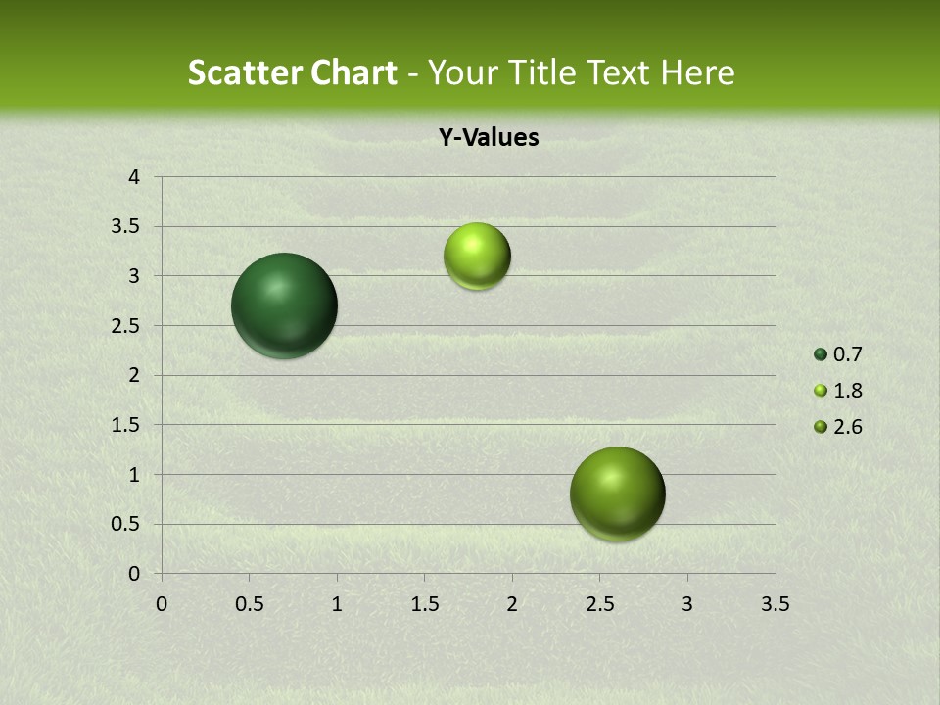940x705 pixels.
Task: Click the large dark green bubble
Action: (284, 305)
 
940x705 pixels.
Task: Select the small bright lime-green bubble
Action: (477, 257)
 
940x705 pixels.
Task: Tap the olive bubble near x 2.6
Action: (617, 493)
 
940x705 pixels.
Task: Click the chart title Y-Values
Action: (488, 138)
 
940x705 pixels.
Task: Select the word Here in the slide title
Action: (697, 72)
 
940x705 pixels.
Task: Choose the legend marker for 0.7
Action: (821, 354)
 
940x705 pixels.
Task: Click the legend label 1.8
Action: (847, 391)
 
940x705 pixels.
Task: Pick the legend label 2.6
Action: (847, 427)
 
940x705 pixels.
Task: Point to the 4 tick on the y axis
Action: (134, 177)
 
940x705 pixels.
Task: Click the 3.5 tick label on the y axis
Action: (126, 227)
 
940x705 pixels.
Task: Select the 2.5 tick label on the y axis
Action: (126, 326)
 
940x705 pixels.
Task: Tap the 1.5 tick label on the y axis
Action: (126, 425)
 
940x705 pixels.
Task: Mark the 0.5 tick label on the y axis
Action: (126, 524)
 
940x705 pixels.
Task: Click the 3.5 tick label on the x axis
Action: (775, 604)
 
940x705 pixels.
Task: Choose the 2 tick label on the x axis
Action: (511, 604)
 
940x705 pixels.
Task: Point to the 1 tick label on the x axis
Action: (337, 604)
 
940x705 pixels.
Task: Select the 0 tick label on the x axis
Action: (162, 604)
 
